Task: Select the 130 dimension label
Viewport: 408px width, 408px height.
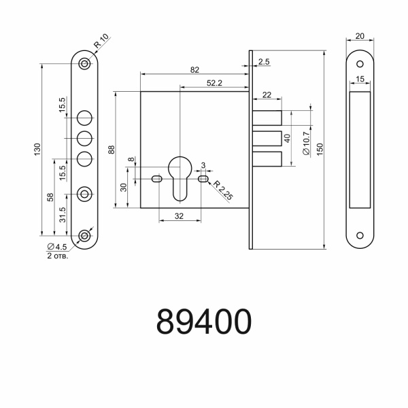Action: tap(39, 149)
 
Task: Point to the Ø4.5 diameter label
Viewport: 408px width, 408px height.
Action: tap(56, 247)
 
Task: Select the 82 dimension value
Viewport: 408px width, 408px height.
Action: tap(195, 69)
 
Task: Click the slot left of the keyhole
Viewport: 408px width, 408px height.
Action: tap(157, 180)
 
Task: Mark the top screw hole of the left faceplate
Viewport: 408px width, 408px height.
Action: tap(84, 63)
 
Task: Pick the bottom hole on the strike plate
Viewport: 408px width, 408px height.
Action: tap(360, 236)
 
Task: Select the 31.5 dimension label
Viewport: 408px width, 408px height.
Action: tap(63, 216)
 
